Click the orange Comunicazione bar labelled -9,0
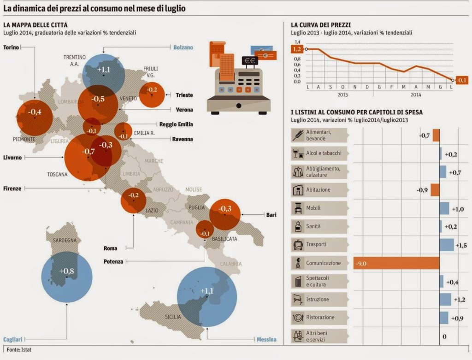[x=396, y=263]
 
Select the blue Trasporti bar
[x=446, y=245]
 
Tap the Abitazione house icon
[x=298, y=190]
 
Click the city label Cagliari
[x=13, y=339]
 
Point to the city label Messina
[x=266, y=340]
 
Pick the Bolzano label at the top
[x=183, y=47]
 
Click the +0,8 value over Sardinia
[x=66, y=271]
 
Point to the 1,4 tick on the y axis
[x=297, y=42]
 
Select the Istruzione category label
[x=318, y=300]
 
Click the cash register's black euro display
[x=251, y=60]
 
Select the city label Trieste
[x=184, y=95]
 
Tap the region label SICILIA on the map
[x=173, y=317]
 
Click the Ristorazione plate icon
[x=298, y=318]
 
